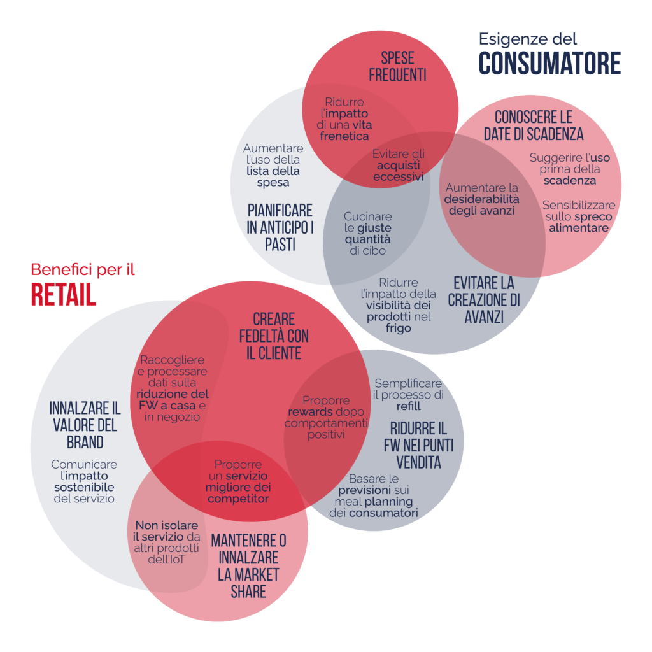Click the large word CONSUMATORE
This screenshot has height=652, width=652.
tap(549, 63)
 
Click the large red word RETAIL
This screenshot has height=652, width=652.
tap(64, 295)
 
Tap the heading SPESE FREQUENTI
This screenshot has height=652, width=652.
tap(397, 66)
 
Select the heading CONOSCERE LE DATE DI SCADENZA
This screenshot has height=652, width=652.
tap(534, 125)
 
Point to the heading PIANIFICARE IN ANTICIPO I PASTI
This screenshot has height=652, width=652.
tap(280, 227)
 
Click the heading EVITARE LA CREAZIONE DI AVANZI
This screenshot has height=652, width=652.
tap(484, 300)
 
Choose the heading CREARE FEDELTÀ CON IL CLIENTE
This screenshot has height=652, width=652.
tap(274, 336)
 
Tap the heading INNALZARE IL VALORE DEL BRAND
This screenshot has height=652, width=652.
tap(85, 425)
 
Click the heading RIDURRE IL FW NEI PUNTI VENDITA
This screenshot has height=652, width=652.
tap(419, 445)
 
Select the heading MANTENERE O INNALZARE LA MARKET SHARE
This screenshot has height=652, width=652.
tap(249, 566)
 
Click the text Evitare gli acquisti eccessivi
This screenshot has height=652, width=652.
tap(399, 165)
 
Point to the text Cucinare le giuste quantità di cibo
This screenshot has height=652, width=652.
tap(367, 233)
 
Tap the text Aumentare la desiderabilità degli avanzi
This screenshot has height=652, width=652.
tap(481, 199)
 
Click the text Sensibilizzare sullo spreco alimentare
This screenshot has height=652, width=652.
tap(579, 216)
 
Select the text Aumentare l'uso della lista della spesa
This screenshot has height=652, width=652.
tap(273, 165)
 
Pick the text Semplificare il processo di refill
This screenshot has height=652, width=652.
tap(408, 395)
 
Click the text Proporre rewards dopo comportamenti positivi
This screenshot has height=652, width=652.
tap(327, 417)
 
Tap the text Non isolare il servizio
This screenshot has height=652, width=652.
tap(166, 531)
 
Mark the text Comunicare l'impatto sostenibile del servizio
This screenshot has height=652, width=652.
tap(84, 481)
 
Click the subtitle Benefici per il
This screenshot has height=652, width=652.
tap(83, 269)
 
